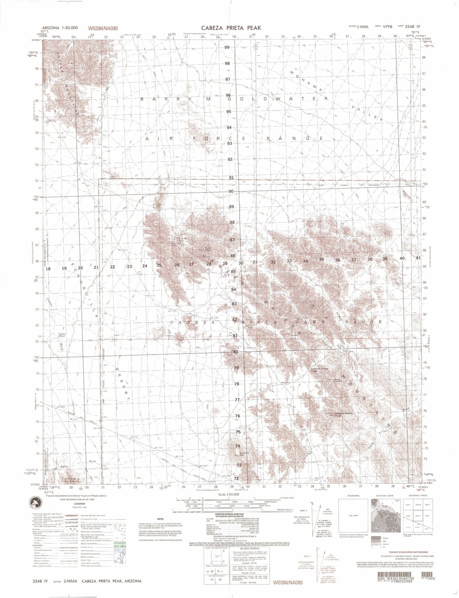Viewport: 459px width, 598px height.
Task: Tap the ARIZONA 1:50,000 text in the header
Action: [58, 28]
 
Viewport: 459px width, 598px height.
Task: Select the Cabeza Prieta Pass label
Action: [314, 370]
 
